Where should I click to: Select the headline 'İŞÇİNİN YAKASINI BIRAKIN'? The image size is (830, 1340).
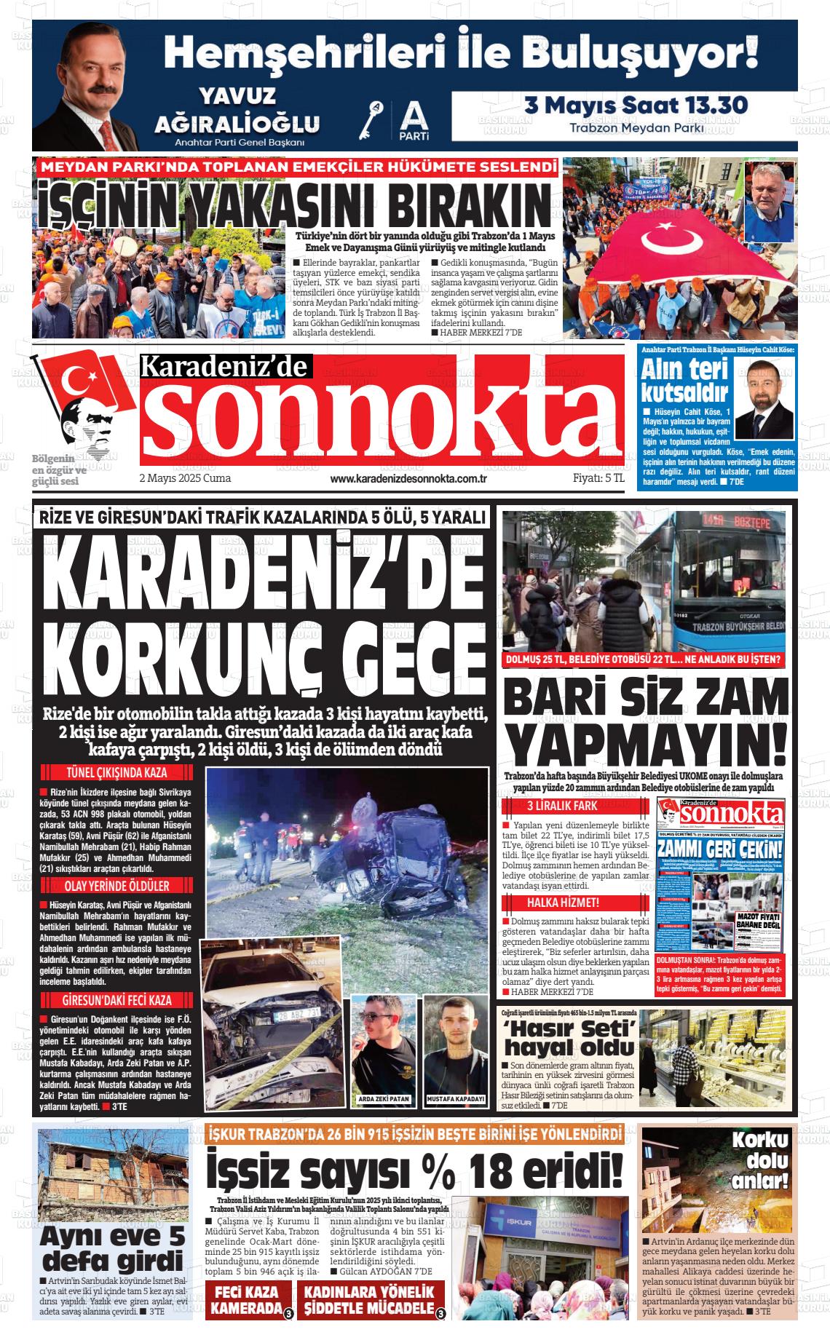tap(294, 205)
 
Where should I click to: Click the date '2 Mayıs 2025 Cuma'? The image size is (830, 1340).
tap(185, 478)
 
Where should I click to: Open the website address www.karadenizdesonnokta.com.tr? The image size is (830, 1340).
tap(408, 479)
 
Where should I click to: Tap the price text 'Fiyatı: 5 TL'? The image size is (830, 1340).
tap(598, 478)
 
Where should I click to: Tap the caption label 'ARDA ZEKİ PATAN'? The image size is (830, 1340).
tap(384, 1099)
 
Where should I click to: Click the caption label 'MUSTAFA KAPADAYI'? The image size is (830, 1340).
tap(456, 1099)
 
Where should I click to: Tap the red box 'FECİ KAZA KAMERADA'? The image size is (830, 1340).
tap(246, 1301)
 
